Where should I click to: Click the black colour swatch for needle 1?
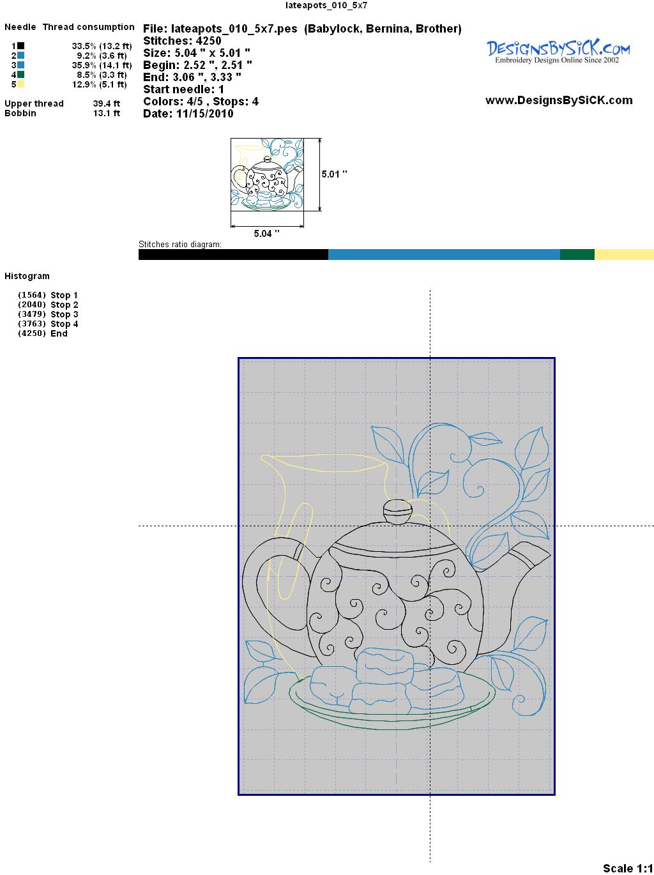(20, 46)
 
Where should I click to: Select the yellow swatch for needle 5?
(20, 84)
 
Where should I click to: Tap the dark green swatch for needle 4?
(20, 75)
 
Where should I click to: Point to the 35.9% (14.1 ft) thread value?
(102, 65)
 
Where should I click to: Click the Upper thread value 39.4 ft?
(107, 103)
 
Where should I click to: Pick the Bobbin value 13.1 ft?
(107, 113)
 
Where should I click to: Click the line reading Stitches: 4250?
(182, 41)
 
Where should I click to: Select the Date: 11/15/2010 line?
(188, 114)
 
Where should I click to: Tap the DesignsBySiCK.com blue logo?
(558, 52)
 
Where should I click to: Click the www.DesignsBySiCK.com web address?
(559, 100)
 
